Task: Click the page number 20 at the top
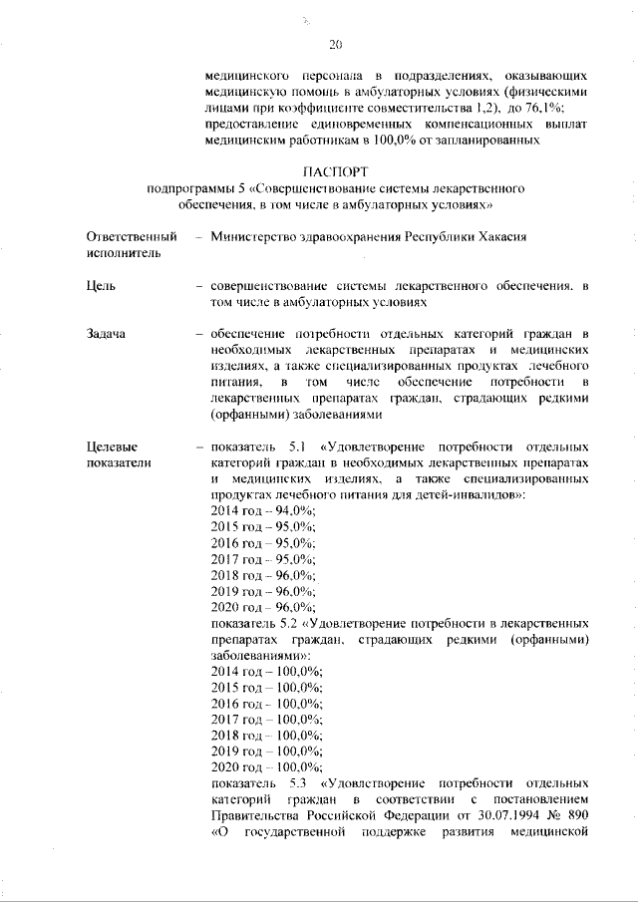[335, 44]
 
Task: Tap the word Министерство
[261, 237]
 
